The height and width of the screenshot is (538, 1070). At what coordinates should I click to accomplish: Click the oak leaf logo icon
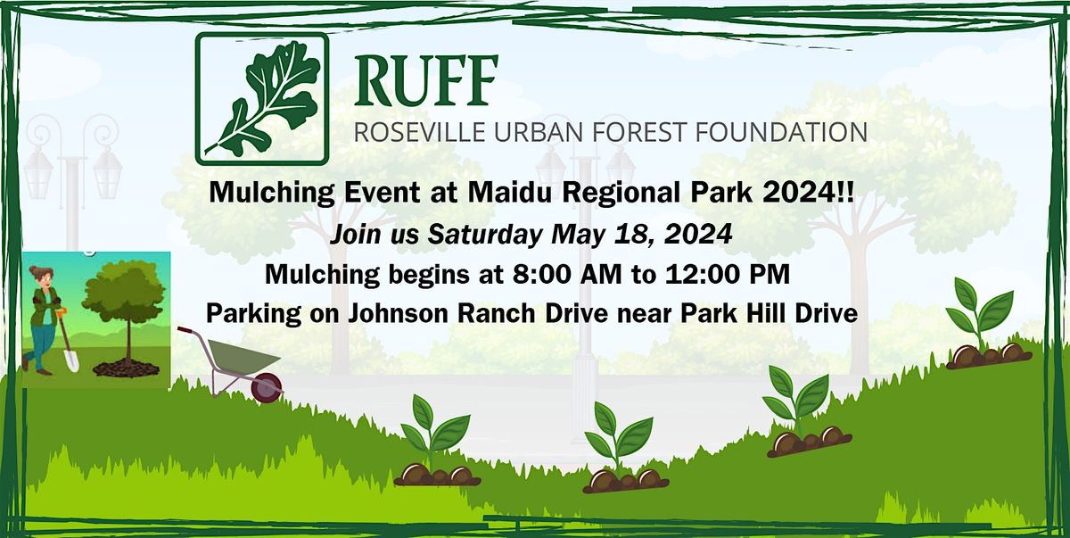tap(261, 98)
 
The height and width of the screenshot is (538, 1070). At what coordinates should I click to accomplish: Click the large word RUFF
tap(425, 80)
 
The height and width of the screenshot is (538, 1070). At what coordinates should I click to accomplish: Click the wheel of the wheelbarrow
tap(267, 387)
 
